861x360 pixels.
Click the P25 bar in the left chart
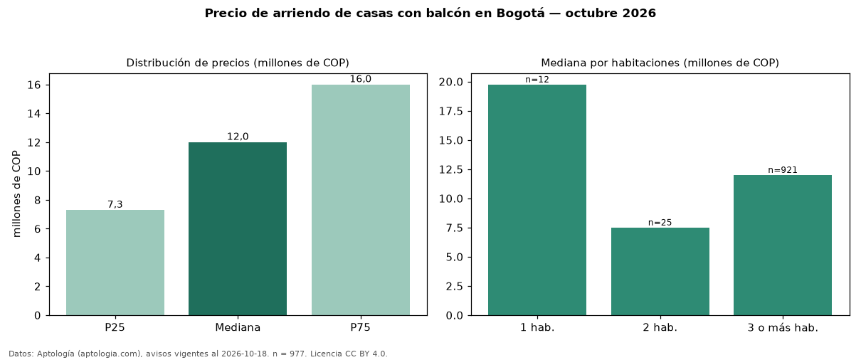click(115, 263)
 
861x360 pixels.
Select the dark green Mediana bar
click(238, 229)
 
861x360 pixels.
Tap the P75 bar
click(361, 200)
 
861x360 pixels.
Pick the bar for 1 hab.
click(537, 200)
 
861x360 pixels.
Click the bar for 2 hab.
click(660, 272)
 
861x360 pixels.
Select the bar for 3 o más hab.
click(783, 245)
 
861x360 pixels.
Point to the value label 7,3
click(115, 204)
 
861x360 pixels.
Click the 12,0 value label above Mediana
click(238, 137)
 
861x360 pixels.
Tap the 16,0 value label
click(361, 79)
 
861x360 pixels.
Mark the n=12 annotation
click(537, 80)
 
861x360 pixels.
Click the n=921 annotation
click(783, 170)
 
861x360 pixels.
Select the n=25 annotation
click(660, 223)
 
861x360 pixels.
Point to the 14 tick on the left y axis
click(34, 114)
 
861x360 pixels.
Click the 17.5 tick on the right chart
click(451, 112)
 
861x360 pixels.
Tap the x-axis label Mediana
click(238, 327)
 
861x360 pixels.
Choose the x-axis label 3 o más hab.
click(783, 328)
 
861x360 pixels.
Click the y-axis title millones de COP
click(16, 194)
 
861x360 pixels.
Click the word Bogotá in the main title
click(520, 14)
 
